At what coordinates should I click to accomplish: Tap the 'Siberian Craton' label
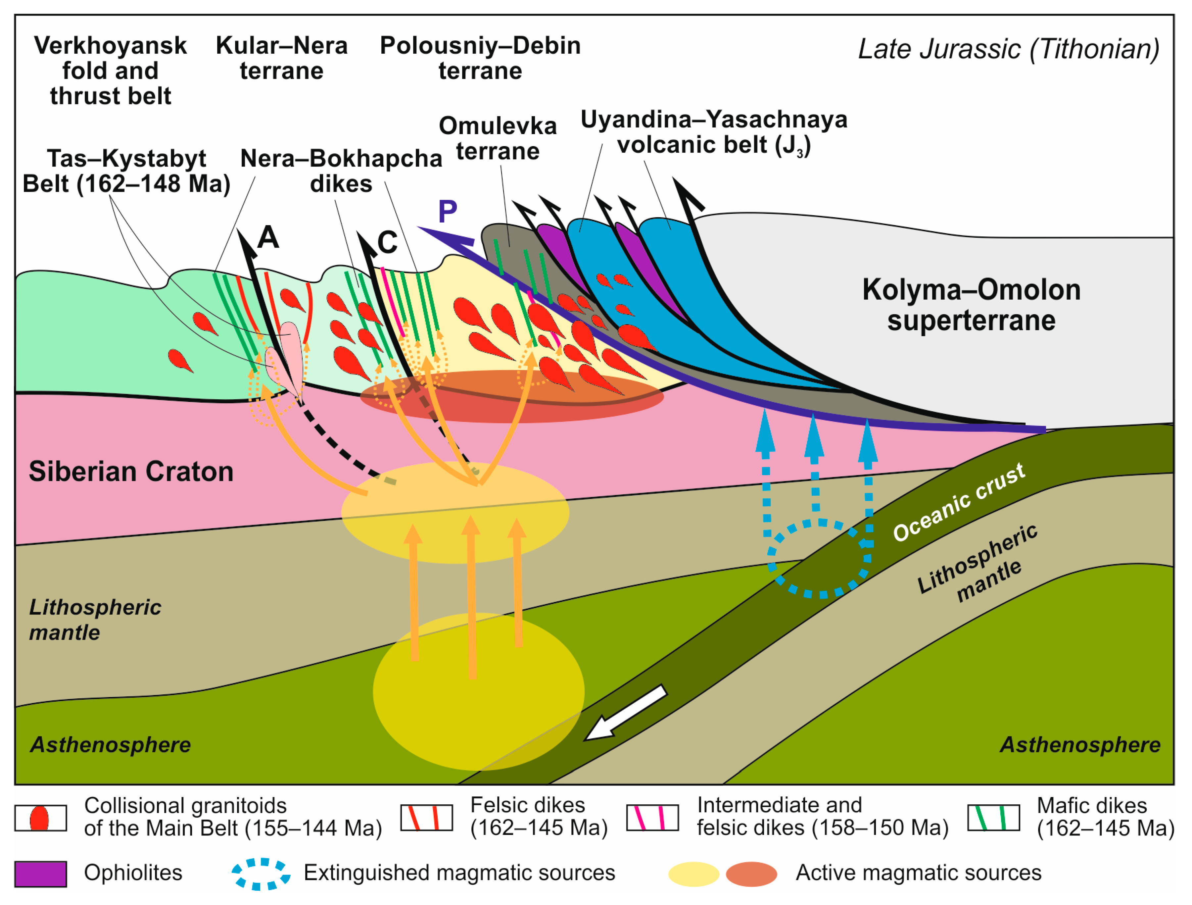(x=131, y=471)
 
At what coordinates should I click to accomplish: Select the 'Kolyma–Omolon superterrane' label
(x=971, y=305)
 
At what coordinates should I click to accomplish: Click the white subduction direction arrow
(x=625, y=713)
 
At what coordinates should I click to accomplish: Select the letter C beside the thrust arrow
(x=387, y=242)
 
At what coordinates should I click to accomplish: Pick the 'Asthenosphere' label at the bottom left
(x=111, y=744)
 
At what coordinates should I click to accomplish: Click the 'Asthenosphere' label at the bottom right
(x=1080, y=744)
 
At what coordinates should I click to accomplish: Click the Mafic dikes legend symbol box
(x=993, y=818)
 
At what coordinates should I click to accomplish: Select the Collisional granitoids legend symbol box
(x=40, y=818)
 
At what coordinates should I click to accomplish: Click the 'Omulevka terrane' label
(x=498, y=138)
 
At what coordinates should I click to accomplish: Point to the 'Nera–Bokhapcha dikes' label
(x=341, y=171)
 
